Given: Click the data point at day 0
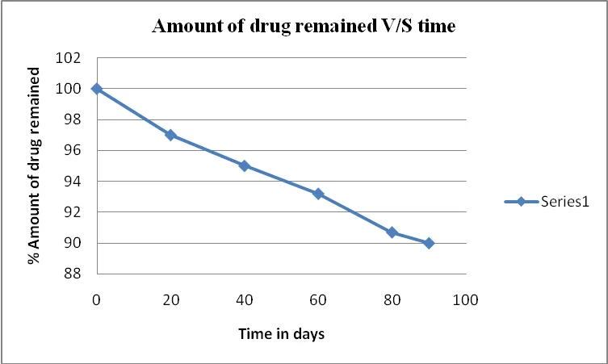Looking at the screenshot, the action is coord(97,89).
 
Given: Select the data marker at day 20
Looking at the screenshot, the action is coord(170,136).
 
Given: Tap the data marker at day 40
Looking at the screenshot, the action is coord(245,166).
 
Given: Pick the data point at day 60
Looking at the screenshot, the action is coord(318,194).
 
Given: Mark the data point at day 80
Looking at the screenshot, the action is coord(392,232).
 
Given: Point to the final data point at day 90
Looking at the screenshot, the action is coord(429,243).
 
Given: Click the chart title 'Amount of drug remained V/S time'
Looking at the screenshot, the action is coord(304,26).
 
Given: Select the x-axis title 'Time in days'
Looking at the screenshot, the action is coord(282,334).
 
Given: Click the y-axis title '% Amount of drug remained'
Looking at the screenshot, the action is coord(35,165).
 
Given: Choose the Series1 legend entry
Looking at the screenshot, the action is coord(547,202).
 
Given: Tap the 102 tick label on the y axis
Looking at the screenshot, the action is coord(69,58).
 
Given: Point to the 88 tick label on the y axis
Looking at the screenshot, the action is coord(73,274).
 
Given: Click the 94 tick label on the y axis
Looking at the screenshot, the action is coord(73,181).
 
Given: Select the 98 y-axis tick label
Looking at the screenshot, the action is coord(73,119).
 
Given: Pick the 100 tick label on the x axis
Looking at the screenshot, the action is coord(466,300).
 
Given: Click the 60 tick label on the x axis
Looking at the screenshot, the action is coord(318,300).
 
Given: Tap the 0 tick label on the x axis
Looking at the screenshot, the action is coord(97,300).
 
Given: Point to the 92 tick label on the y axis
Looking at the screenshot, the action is coord(73,212).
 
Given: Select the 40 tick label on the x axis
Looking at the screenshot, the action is coord(245,300).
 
